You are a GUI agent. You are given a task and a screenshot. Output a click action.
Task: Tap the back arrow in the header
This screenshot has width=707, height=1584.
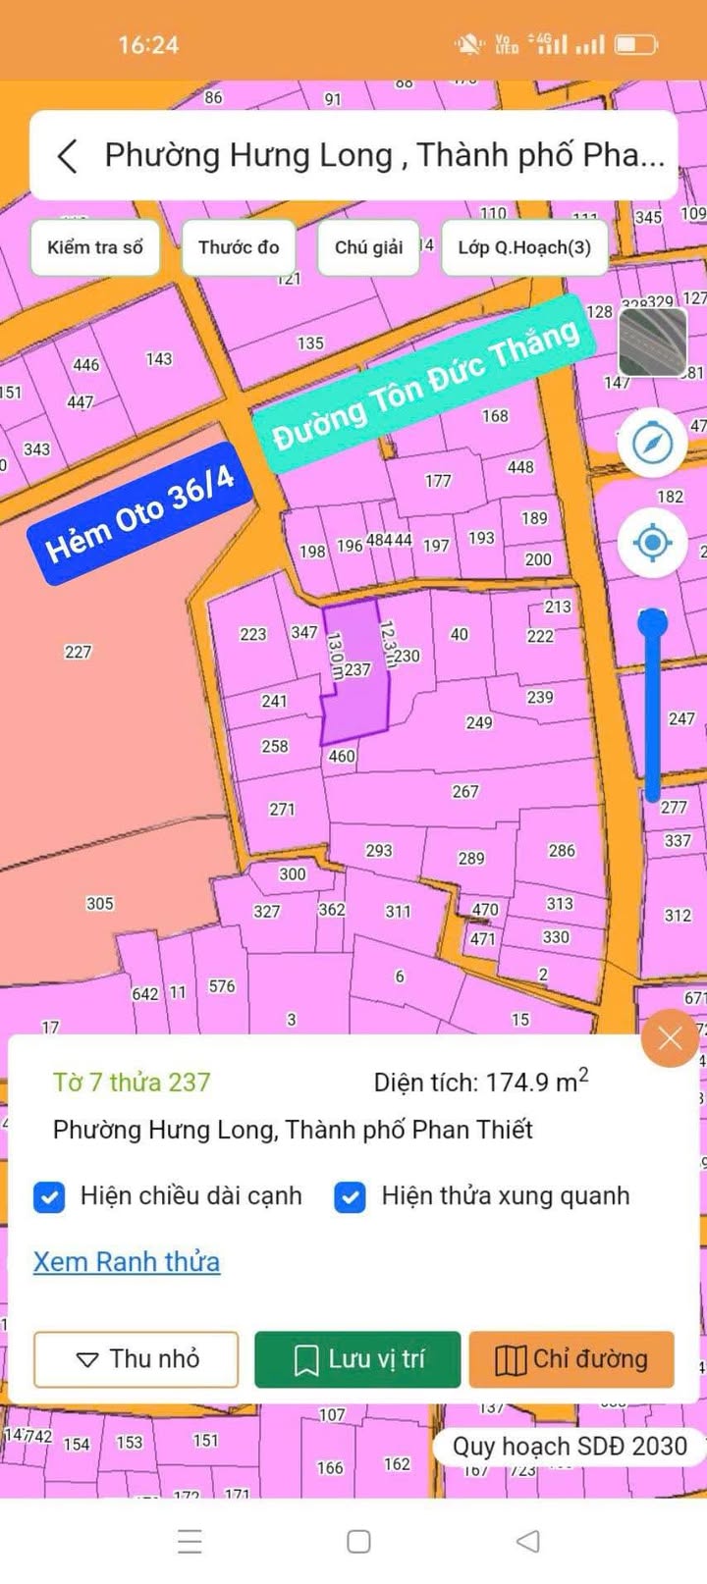click(67, 156)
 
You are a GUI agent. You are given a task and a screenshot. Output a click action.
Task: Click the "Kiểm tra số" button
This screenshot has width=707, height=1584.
click(95, 247)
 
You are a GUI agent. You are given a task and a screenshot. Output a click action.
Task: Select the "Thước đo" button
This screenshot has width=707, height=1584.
click(239, 247)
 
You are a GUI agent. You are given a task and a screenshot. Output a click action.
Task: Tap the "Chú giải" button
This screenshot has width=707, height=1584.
click(368, 247)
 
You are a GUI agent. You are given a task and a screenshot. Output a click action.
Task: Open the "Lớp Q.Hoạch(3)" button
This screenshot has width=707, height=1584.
click(524, 247)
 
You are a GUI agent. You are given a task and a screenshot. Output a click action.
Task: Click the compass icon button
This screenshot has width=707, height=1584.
click(652, 444)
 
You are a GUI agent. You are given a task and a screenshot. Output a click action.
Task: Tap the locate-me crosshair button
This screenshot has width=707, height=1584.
click(652, 542)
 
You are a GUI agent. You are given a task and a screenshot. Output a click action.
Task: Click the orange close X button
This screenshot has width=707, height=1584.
click(670, 1038)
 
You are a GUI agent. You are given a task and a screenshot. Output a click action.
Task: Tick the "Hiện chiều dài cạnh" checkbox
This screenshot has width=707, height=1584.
click(49, 1197)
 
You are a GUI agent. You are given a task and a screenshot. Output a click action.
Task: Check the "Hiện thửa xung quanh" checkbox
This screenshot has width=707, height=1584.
click(351, 1197)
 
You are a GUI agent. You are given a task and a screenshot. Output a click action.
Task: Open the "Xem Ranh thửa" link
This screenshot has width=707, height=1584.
click(127, 1262)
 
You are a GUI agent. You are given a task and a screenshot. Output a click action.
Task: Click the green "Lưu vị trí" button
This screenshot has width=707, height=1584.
click(357, 1359)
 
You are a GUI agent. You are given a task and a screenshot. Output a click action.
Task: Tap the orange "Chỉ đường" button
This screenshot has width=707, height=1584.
click(571, 1359)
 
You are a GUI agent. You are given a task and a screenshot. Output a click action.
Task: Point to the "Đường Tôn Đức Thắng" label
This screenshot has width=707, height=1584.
click(424, 384)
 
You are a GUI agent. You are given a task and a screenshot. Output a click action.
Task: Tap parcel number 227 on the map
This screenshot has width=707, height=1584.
click(78, 652)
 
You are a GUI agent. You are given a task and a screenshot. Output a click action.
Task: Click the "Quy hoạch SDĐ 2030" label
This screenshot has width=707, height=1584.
click(570, 1446)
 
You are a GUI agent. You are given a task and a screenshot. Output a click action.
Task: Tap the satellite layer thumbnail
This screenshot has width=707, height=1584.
click(653, 343)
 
